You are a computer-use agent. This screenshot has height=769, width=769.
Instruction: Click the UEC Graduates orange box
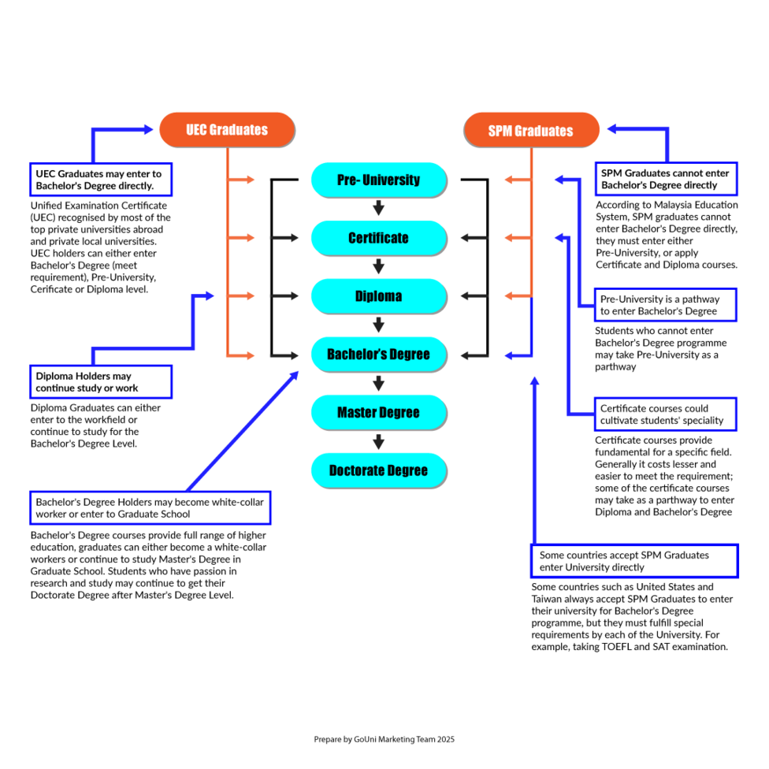coord(227,130)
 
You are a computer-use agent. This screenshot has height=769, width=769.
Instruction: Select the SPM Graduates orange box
coord(531,131)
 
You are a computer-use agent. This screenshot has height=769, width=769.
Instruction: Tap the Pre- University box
coord(378,180)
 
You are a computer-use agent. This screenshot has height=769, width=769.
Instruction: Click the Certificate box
coord(378,238)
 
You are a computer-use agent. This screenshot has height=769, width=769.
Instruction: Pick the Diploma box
coord(378,296)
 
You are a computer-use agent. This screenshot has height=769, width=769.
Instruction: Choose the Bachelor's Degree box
coord(378,355)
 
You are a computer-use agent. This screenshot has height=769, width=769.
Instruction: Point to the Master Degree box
coord(378,412)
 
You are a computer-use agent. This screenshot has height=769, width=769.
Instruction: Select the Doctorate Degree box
coord(378,470)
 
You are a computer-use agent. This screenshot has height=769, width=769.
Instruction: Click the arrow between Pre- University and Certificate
coord(378,209)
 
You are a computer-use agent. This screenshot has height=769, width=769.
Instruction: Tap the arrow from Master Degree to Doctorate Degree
coord(378,442)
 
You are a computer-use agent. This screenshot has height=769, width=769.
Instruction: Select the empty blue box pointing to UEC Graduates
coord(101,180)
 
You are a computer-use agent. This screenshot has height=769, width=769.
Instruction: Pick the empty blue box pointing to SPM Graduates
coord(666,179)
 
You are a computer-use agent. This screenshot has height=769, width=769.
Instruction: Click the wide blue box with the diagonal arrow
coord(150,507)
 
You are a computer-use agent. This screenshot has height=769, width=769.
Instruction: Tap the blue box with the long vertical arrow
coord(634,561)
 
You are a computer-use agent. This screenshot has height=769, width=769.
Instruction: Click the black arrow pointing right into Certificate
coord(284,238)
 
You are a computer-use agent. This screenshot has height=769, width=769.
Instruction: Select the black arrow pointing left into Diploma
coord(474,296)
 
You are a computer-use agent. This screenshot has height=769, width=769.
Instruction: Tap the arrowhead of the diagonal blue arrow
coord(295,376)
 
